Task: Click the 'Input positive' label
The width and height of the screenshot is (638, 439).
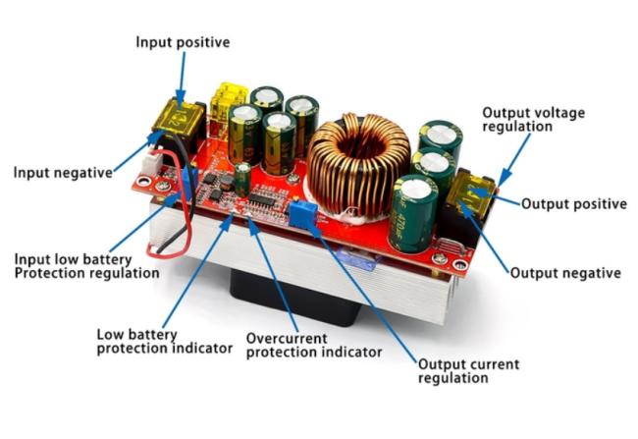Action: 183,42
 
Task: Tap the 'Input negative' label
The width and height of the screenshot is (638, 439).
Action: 63,172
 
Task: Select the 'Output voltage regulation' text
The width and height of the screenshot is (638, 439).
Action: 533,119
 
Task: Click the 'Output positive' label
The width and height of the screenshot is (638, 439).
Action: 574,203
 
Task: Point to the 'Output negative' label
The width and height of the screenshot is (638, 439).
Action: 565,273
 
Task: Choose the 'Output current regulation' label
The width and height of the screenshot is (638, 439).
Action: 469,371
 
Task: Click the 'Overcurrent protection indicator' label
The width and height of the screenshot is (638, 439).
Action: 314,346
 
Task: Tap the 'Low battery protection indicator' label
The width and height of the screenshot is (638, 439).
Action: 164,342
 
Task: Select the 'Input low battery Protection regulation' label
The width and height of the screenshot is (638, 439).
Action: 86,266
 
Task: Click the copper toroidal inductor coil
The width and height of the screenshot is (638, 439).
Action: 358,164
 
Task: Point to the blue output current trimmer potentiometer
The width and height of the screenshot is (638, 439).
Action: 302,214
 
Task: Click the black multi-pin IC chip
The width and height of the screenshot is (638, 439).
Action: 263,199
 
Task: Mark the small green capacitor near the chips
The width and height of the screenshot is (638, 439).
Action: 242,180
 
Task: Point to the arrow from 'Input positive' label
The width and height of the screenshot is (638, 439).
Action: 182,79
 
